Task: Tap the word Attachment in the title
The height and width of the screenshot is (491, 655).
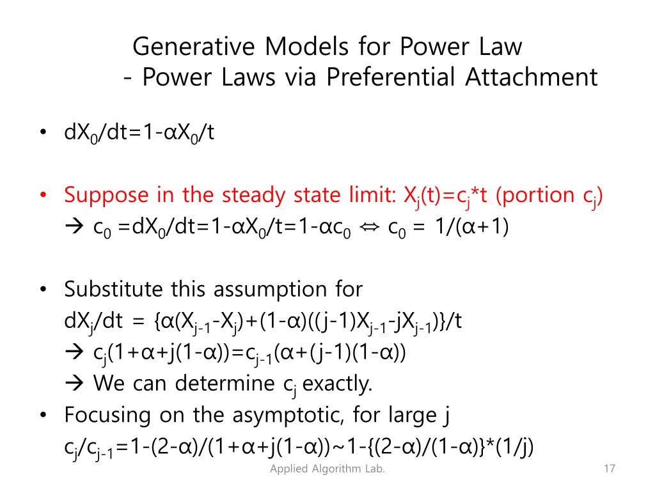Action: pyautogui.click(x=532, y=77)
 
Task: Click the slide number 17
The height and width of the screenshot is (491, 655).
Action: pyautogui.click(x=609, y=470)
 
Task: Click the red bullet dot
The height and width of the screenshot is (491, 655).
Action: pyautogui.click(x=42, y=195)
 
